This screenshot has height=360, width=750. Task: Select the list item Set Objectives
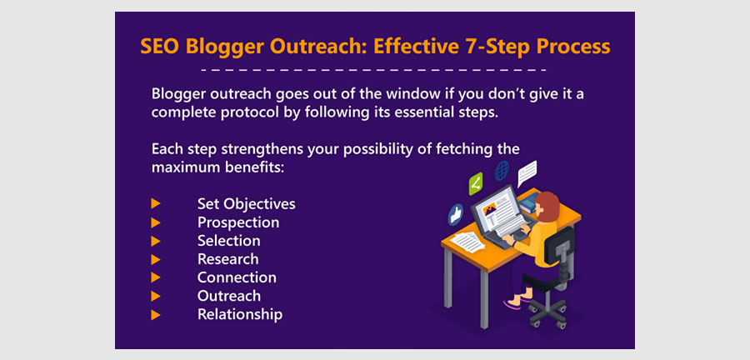click(x=247, y=204)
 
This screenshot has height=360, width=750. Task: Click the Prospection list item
click(x=238, y=222)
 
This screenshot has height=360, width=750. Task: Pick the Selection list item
click(x=229, y=241)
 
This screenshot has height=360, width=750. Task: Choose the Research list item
click(x=228, y=259)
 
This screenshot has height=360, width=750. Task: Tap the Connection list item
click(x=237, y=277)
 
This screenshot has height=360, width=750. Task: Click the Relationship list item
click(x=240, y=314)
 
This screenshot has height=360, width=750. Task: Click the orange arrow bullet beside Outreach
click(x=156, y=297)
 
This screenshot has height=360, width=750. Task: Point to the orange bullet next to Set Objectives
click(x=156, y=204)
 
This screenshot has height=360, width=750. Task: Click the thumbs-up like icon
click(x=456, y=214)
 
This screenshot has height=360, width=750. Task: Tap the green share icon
click(x=476, y=183)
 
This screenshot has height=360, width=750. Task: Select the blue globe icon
click(x=502, y=171)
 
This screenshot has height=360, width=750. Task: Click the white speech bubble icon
click(x=527, y=173)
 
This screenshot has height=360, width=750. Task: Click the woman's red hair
click(x=547, y=207)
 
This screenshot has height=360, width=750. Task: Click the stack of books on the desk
click(x=528, y=204)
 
